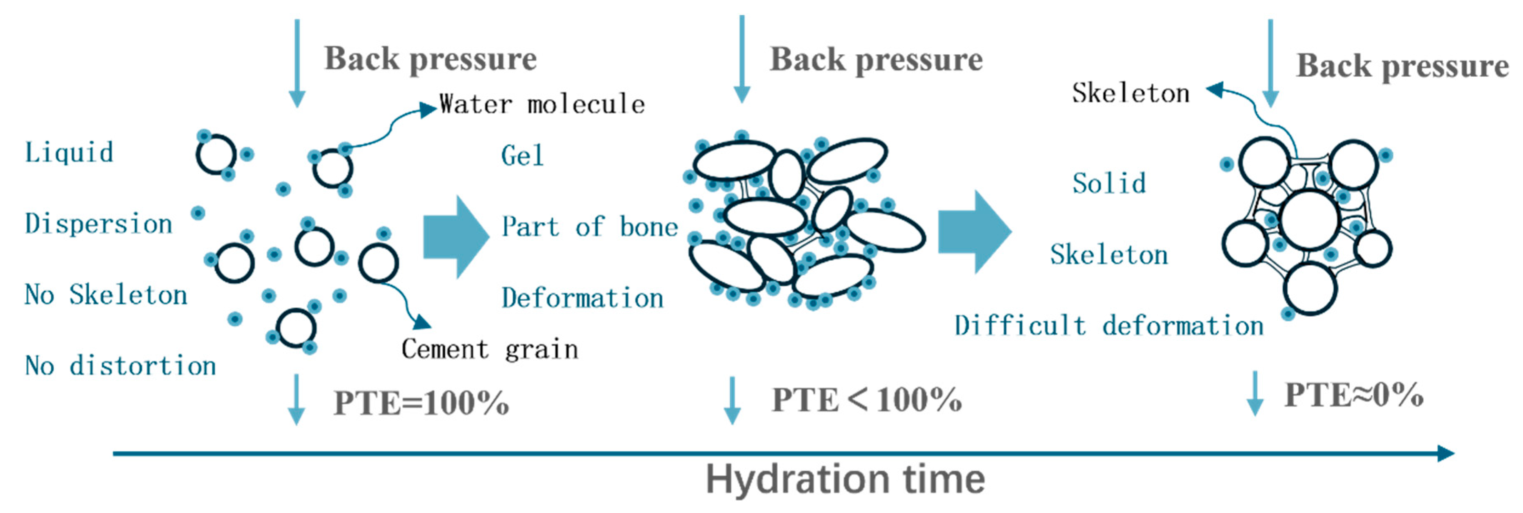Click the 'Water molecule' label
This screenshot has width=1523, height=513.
(x=541, y=105)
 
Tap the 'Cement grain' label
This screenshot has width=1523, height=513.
(x=489, y=349)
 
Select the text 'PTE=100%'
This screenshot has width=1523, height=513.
(x=421, y=404)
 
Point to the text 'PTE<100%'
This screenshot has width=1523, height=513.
(x=867, y=400)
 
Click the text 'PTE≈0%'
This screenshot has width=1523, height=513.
(x=1354, y=395)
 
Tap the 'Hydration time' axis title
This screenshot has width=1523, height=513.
(x=845, y=479)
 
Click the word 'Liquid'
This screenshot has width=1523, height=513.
(x=69, y=153)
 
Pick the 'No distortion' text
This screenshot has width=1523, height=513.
(x=120, y=366)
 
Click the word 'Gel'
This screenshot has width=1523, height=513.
(x=522, y=156)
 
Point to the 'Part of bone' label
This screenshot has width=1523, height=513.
(x=589, y=227)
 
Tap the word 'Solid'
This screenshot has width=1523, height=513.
(x=1109, y=184)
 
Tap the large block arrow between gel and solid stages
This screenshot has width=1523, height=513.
(x=974, y=232)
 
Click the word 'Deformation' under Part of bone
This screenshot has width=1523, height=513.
(x=582, y=298)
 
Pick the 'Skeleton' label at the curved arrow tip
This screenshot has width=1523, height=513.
(x=1130, y=93)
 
